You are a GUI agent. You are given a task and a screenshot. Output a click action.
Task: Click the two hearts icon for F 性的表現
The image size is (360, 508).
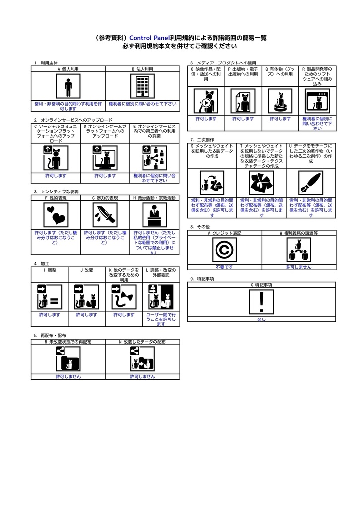(x=55, y=215)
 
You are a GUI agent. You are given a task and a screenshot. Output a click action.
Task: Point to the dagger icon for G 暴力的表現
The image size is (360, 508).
(x=105, y=215)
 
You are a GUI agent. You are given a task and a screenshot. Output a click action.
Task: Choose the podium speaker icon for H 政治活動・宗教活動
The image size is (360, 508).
(x=154, y=215)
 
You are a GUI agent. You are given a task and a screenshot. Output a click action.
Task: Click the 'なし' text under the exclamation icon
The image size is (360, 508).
(x=261, y=319)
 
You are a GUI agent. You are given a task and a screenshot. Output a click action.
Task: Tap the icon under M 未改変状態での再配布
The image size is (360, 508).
(x=68, y=359)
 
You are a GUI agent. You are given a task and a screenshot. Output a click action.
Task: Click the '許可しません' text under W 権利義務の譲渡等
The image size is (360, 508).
(x=298, y=267)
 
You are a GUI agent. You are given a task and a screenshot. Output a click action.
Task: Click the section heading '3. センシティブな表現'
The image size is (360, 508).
(x=56, y=191)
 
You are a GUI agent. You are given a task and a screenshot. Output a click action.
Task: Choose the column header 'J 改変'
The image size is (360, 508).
(x=86, y=270)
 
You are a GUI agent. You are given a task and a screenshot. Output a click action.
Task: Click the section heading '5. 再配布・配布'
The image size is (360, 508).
(x=50, y=336)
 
